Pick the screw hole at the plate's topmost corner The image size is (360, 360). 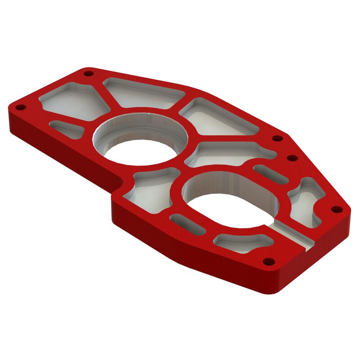89,73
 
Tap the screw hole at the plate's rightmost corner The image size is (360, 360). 335,209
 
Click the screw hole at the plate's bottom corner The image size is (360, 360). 269,261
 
